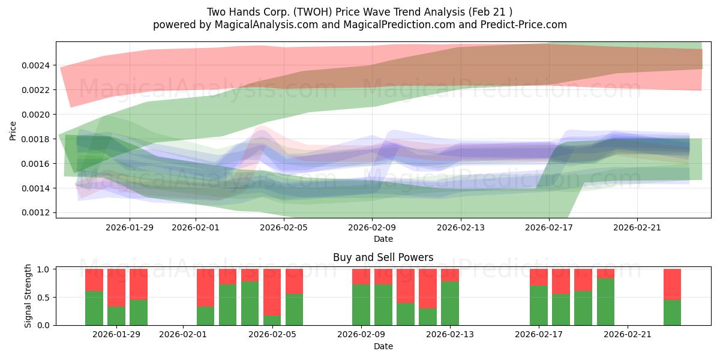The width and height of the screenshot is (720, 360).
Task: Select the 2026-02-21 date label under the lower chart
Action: [628, 334]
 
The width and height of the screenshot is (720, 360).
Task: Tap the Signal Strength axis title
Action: [28, 296]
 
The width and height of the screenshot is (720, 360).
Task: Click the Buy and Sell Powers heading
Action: [383, 257]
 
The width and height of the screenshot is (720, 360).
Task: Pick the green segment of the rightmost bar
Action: [672, 312]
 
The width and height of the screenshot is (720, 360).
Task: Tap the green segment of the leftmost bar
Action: [94, 308]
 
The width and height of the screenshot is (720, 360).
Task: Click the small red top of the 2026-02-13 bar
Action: [450, 275]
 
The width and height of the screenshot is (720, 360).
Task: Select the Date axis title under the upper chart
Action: [383, 239]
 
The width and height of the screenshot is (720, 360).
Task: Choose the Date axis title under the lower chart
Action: [383, 346]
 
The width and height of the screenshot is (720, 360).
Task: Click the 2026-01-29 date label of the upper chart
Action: [130, 227]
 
